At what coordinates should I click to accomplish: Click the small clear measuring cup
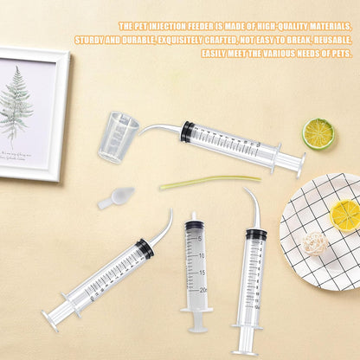click(118, 137)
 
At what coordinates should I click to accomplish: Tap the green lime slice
click(318, 133)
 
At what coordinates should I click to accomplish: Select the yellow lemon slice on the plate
click(344, 214)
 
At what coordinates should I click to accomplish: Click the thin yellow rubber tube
click(209, 182)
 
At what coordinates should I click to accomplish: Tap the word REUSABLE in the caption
click(330, 40)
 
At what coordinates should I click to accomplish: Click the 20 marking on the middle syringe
click(202, 290)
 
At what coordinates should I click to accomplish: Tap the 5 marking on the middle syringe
click(201, 239)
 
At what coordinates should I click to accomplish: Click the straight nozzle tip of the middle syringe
click(194, 217)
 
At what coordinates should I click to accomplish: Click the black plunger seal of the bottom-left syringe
click(145, 248)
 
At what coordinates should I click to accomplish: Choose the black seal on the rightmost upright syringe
click(255, 234)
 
